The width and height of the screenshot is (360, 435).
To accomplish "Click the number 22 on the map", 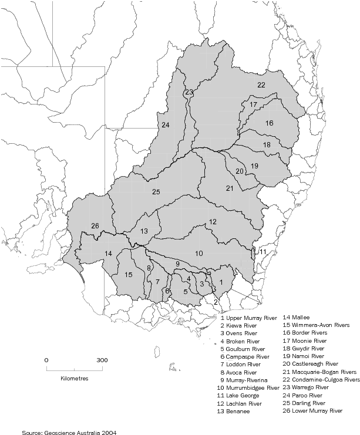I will pos(261,85).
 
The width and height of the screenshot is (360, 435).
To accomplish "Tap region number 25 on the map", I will pos(156,192).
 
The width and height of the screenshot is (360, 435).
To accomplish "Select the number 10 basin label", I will pos(200,253).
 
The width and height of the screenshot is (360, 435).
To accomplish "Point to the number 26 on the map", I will pos(95,226).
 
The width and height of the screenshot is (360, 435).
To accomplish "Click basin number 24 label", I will pos(166,125).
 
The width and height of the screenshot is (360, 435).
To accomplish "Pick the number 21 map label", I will pos(230,188).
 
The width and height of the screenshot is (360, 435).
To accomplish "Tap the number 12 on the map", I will pos(213,222).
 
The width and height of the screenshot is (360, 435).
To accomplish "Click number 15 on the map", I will pos(129,275).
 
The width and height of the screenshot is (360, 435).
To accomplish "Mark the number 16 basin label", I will pos(269,123).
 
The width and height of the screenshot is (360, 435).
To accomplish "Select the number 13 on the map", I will pos(144,231).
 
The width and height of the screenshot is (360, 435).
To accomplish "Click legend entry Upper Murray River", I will pos(248,318).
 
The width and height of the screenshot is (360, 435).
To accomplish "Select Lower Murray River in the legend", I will pos(312,412).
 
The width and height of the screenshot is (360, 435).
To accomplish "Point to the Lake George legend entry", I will pos(241,396).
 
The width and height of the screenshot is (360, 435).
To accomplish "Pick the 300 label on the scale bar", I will pos(102,360).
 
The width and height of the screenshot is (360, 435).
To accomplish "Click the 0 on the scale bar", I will pos(46,360).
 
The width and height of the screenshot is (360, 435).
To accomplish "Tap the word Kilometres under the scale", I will pos(74,379).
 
